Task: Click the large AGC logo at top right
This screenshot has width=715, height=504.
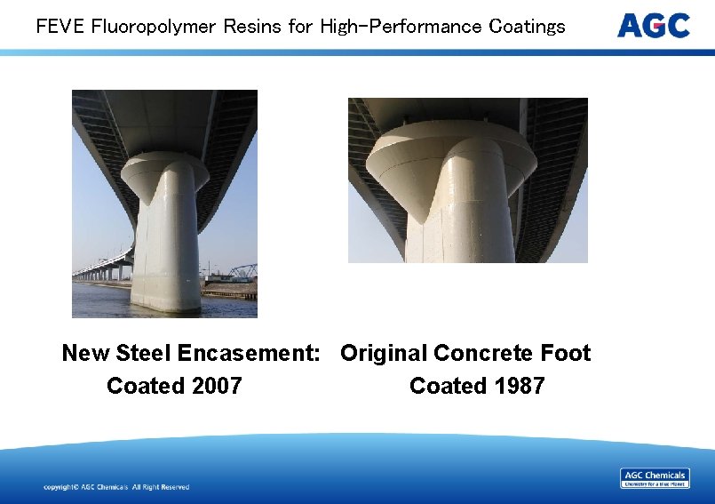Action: tap(653, 26)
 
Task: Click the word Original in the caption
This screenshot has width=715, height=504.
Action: tap(383, 354)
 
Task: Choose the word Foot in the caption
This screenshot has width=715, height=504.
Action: tap(567, 354)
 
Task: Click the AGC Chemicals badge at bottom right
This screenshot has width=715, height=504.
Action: tap(655, 478)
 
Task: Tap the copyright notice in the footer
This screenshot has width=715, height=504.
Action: tap(116, 487)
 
